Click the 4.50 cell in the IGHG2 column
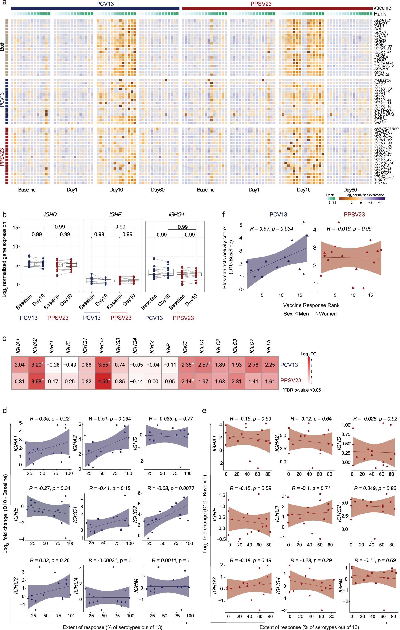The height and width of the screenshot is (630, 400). pyautogui.click(x=103, y=381)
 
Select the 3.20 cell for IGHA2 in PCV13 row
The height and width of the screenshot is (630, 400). pyautogui.click(x=36, y=365)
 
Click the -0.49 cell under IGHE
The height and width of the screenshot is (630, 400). pyautogui.click(x=70, y=365)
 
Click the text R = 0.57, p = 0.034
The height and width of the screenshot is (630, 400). pyautogui.click(x=271, y=229)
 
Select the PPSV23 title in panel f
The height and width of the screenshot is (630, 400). pyautogui.click(x=354, y=215)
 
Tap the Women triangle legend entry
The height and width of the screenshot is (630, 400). pyautogui.click(x=326, y=314)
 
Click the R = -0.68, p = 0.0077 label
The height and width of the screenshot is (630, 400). pyautogui.click(x=171, y=488)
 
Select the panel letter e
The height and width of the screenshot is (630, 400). pyautogui.click(x=204, y=411)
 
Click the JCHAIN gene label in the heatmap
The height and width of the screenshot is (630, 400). pyautogui.click(x=381, y=58)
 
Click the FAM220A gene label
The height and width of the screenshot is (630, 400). pyautogui.click(x=382, y=80)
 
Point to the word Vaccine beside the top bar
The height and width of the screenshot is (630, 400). pyautogui.click(x=382, y=8)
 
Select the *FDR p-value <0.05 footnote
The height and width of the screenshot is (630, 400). pyautogui.click(x=302, y=390)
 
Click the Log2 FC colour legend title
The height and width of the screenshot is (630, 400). pyautogui.click(x=308, y=354)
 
